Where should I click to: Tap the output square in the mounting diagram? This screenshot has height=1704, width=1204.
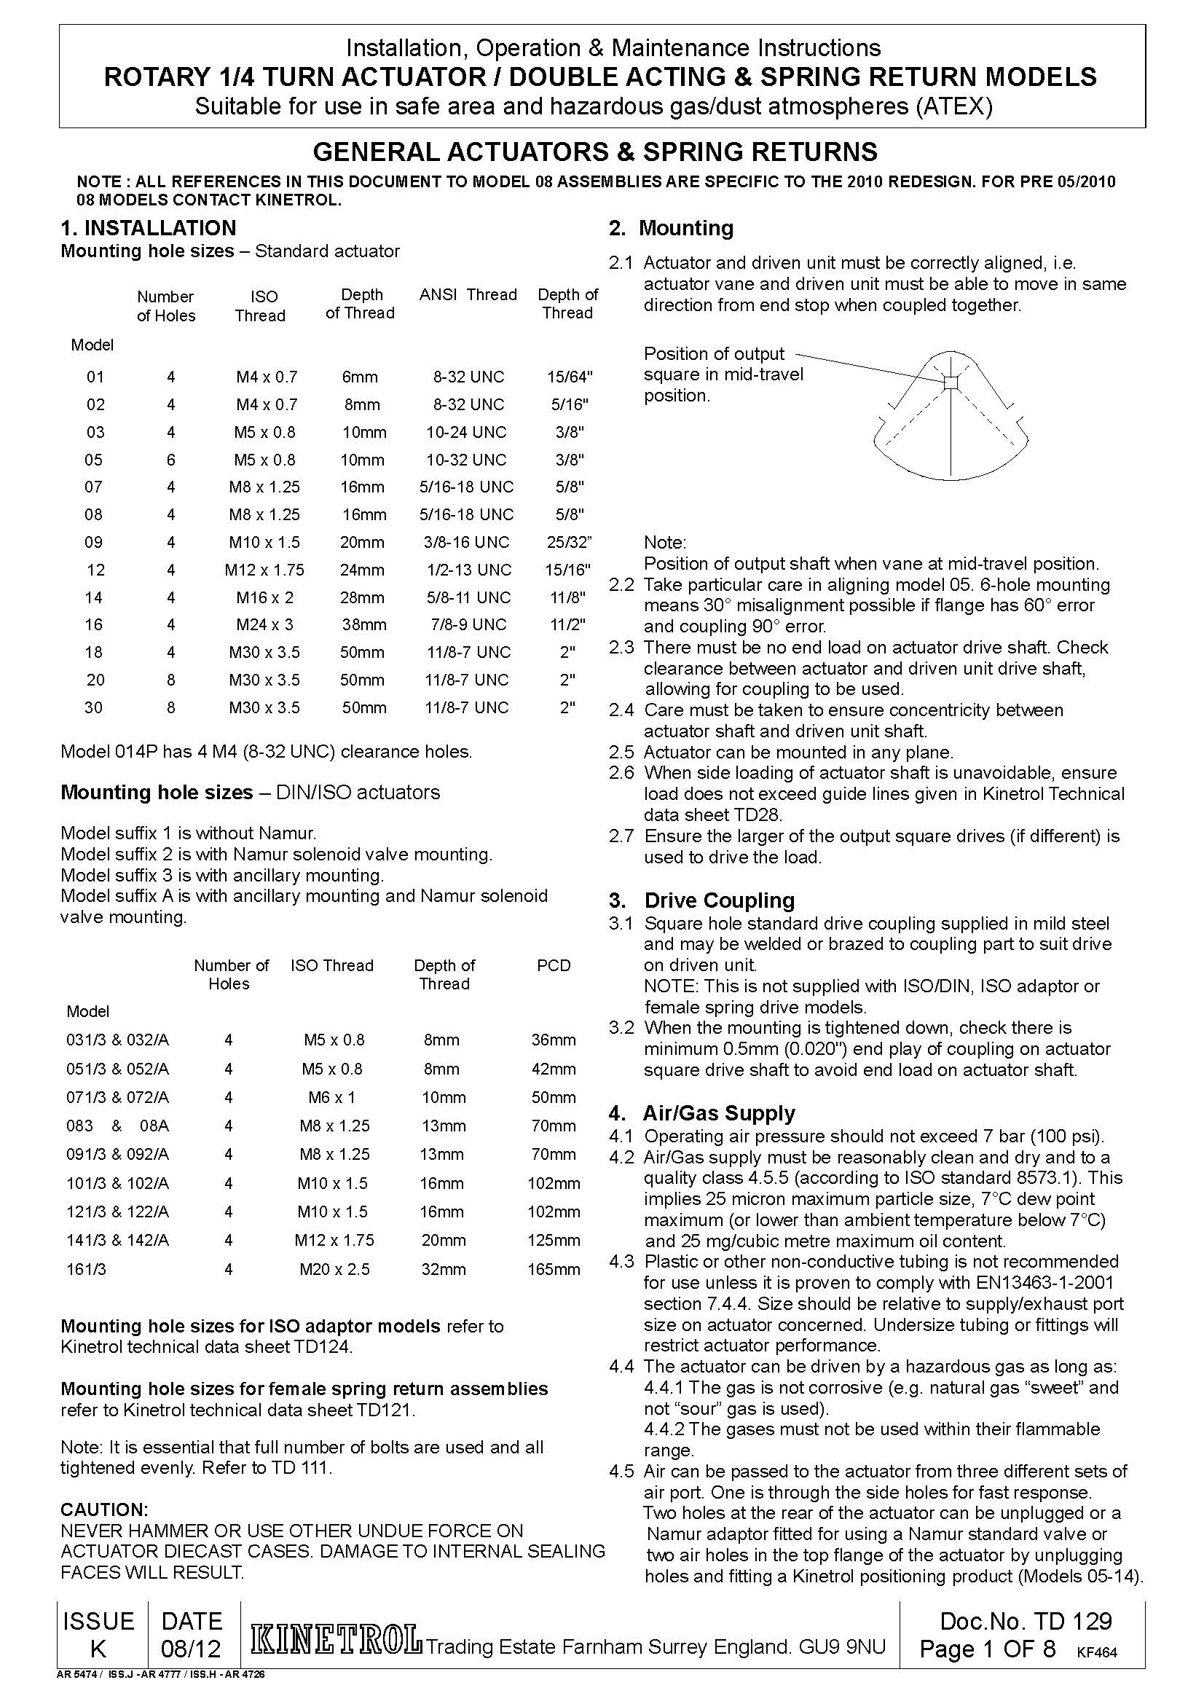[951, 383]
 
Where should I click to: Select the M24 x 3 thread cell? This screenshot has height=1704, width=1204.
[264, 625]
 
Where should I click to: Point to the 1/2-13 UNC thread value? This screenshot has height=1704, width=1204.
[469, 570]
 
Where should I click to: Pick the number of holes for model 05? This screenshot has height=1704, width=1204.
[170, 460]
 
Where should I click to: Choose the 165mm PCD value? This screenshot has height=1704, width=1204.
[554, 1269]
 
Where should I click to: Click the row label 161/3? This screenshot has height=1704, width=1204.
[86, 1269]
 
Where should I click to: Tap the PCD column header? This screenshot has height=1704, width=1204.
[554, 965]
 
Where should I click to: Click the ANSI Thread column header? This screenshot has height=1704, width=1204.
[468, 294]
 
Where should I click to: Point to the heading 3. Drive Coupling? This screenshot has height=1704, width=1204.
[701, 900]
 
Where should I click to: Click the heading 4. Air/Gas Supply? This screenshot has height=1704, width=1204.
[701, 1113]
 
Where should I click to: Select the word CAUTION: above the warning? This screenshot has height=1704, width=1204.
[105, 1509]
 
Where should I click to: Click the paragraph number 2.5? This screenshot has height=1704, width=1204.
[621, 753]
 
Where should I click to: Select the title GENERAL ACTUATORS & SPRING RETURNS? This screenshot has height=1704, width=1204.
[595, 152]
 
